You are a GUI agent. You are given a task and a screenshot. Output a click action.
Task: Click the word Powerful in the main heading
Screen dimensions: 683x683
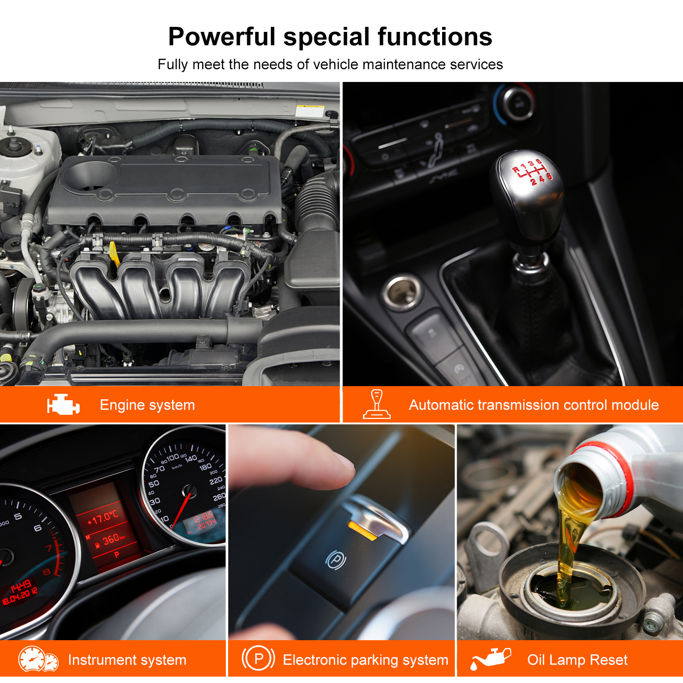[222, 36]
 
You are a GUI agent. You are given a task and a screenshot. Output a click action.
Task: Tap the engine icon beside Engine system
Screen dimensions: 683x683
[63, 404]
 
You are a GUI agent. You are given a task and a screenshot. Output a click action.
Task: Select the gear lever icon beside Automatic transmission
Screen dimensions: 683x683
[377, 404]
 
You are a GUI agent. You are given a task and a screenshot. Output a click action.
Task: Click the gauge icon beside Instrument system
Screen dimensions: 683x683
[38, 659]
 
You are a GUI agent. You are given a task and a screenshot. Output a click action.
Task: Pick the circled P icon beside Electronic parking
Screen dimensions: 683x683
[258, 659]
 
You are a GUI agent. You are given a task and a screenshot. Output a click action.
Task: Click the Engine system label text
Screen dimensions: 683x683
[148, 405]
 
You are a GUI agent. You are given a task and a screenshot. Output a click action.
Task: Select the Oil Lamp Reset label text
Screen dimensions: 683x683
[577, 660]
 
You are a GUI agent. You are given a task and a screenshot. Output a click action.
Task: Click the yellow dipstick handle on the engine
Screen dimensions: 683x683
[114, 253]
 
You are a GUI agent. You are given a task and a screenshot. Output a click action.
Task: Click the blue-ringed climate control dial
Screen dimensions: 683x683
[515, 104]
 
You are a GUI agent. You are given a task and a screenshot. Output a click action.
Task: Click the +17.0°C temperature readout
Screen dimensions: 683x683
[102, 518]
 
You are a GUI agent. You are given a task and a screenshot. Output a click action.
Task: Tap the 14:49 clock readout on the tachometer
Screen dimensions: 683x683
[21, 585]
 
